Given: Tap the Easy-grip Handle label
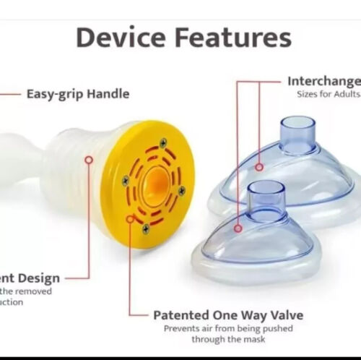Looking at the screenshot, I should (78, 93).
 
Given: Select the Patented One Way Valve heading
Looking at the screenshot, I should (228, 315).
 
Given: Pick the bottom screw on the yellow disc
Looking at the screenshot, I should (145, 228).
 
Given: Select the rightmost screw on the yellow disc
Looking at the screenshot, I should (181, 191).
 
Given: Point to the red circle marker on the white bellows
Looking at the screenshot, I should (89, 159).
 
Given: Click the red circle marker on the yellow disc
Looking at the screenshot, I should (131, 217).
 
